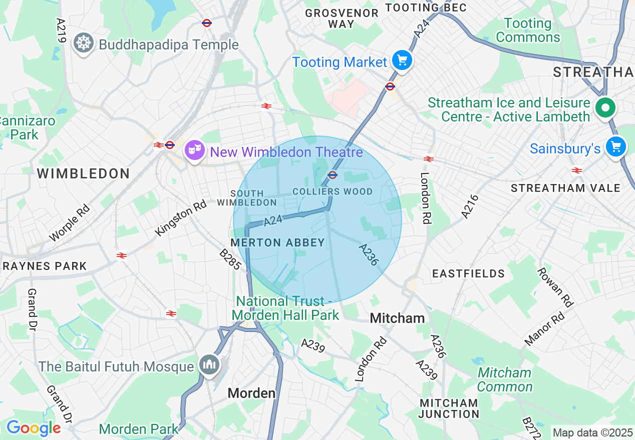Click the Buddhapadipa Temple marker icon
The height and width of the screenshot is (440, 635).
(83, 43)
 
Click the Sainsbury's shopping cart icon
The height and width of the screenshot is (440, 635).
(615, 147)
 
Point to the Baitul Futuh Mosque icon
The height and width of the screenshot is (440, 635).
(209, 364)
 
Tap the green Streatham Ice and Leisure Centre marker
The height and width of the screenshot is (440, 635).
(605, 107)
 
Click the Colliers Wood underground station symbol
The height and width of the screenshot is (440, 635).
(332, 174)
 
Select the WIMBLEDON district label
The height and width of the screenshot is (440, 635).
(84, 174)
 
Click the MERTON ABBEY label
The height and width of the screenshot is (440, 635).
(277, 242)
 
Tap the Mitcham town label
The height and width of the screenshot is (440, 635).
(397, 318)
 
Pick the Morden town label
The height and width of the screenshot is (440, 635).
(251, 393)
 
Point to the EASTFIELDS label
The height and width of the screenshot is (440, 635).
(469, 273)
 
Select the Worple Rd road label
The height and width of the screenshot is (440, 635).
(70, 222)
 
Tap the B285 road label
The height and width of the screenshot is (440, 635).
(231, 259)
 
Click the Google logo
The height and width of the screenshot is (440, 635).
(34, 428)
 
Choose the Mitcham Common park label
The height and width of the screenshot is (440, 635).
(504, 379)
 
